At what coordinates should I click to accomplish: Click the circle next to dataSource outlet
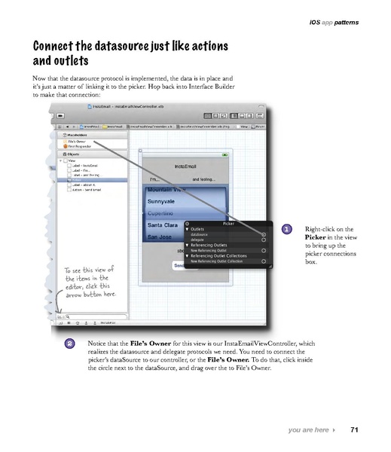coord(264,234)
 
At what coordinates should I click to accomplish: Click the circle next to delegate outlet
coord(264,240)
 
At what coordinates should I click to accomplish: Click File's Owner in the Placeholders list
coord(76,141)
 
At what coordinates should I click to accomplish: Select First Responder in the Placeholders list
coord(78,146)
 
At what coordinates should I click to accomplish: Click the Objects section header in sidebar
coord(74,154)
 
